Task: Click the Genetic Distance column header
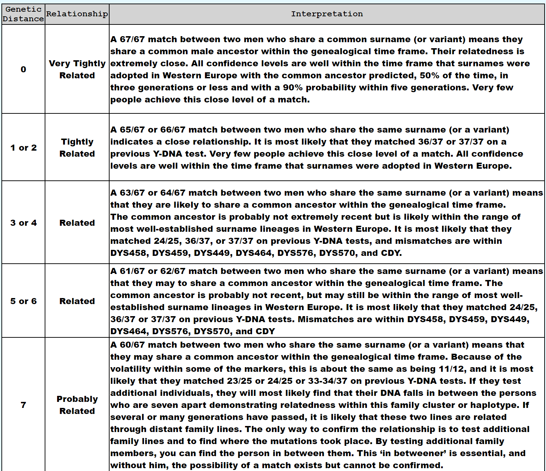(23, 14)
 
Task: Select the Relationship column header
(77, 14)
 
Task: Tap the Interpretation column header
(327, 14)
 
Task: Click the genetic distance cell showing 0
(23, 69)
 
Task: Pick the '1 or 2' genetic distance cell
(23, 148)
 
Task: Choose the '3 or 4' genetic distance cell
(23, 223)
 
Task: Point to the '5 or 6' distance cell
(23, 301)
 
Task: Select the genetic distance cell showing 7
(23, 405)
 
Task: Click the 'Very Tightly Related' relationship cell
(77, 69)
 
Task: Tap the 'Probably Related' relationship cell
(77, 405)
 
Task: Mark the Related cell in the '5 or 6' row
(77, 301)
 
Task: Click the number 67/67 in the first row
(132, 39)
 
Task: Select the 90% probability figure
(292, 88)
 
